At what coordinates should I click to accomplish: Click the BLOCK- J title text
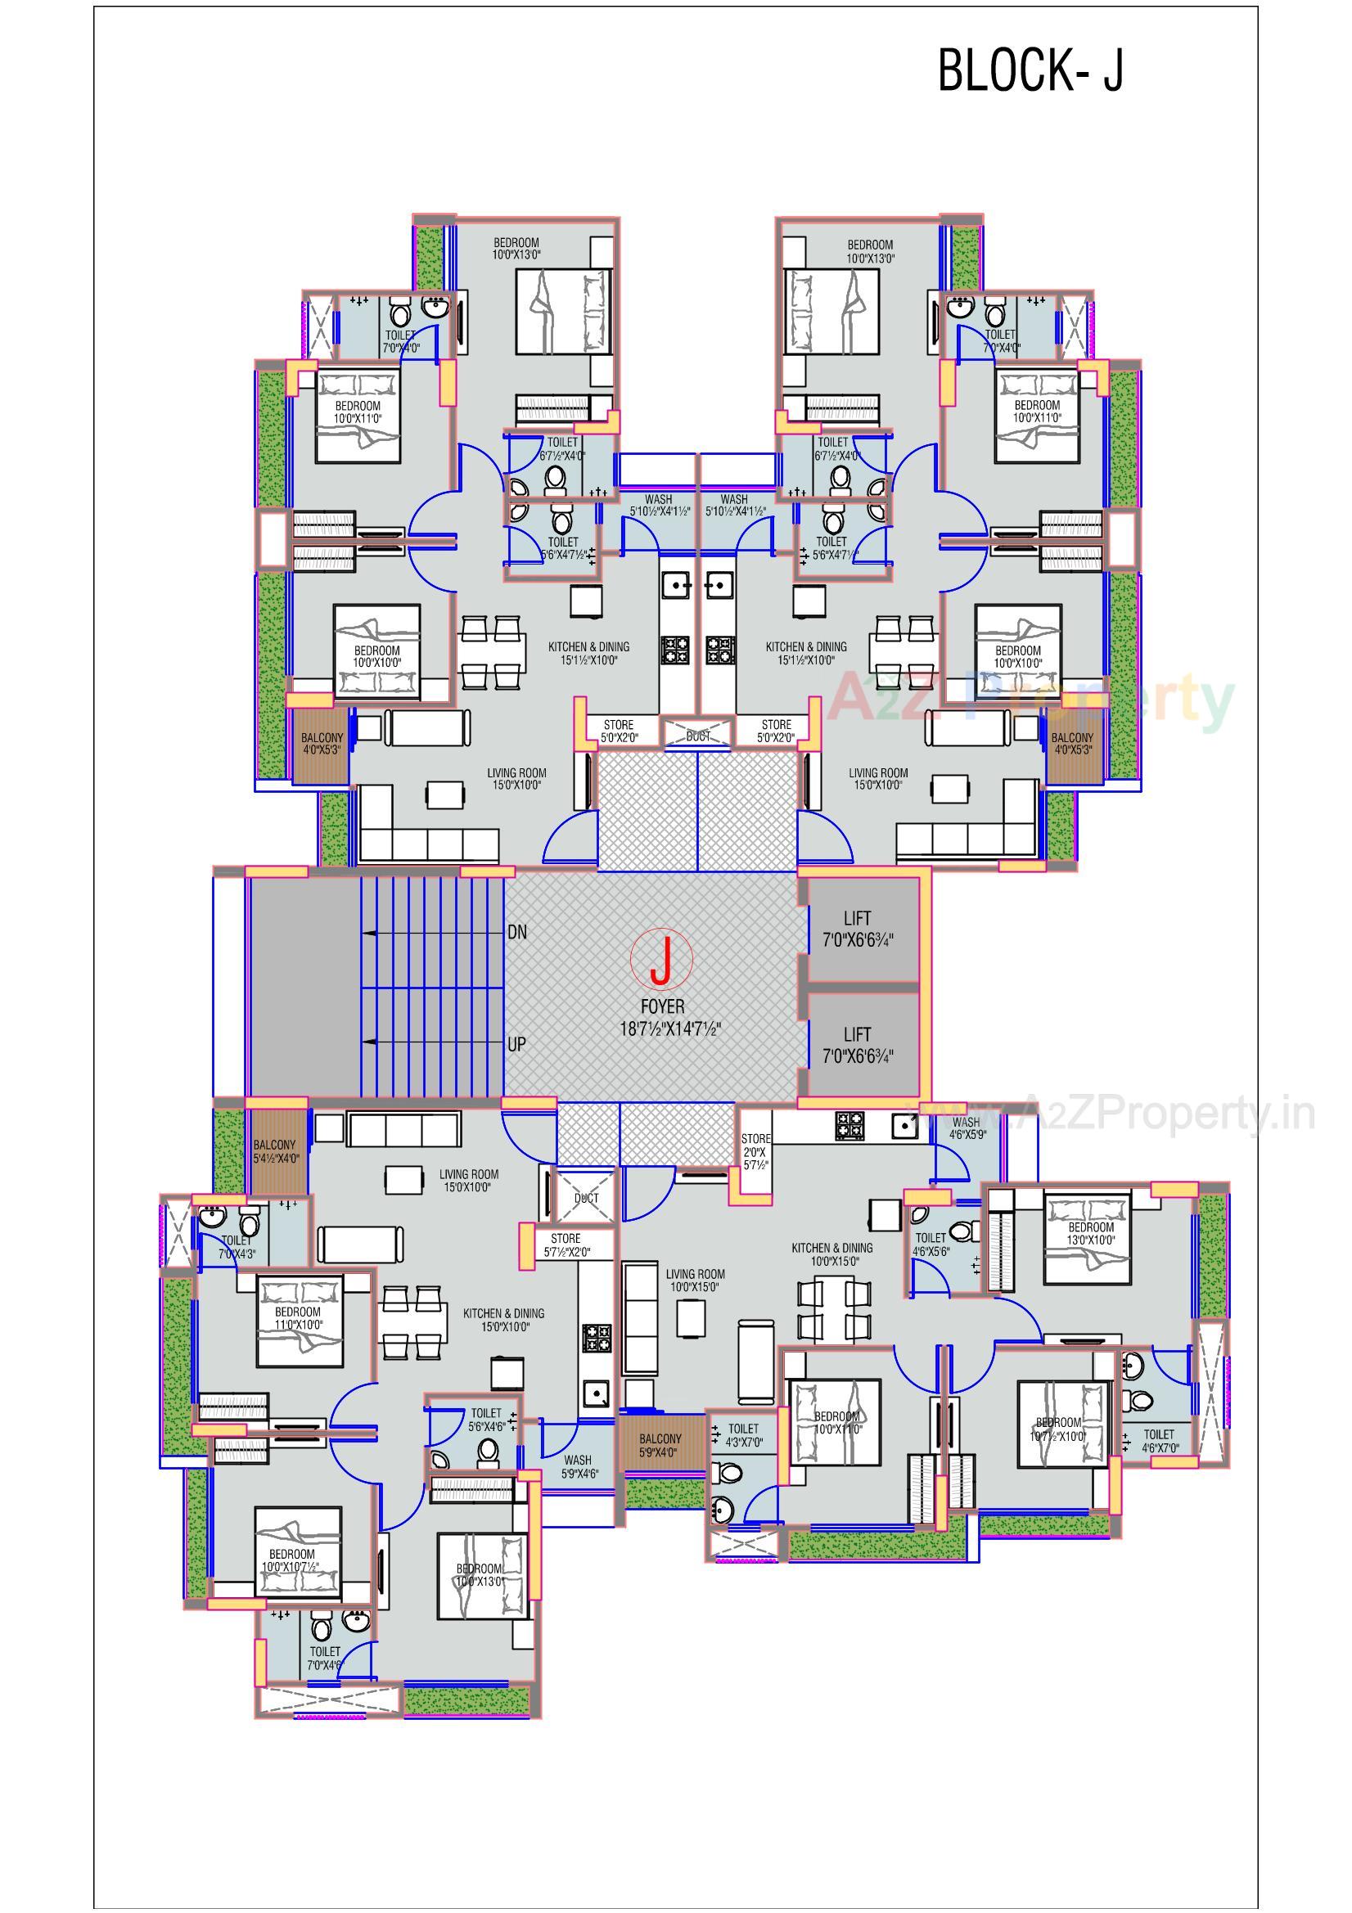(1030, 71)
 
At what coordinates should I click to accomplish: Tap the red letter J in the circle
(661, 961)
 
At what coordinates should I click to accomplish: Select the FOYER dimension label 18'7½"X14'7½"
(669, 1030)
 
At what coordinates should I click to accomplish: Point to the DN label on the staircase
(516, 932)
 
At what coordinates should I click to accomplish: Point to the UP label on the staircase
(516, 1044)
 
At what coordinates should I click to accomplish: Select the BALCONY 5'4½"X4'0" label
(275, 1151)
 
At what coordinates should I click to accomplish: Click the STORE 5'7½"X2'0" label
(566, 1245)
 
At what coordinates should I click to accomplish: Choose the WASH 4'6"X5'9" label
(967, 1128)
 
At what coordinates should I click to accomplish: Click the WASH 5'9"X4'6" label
(578, 1465)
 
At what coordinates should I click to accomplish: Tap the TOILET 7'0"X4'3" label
(236, 1246)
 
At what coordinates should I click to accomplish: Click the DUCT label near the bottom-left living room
(587, 1198)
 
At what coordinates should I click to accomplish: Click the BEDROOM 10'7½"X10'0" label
(1057, 1429)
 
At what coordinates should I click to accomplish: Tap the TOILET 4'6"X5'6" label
(931, 1244)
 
